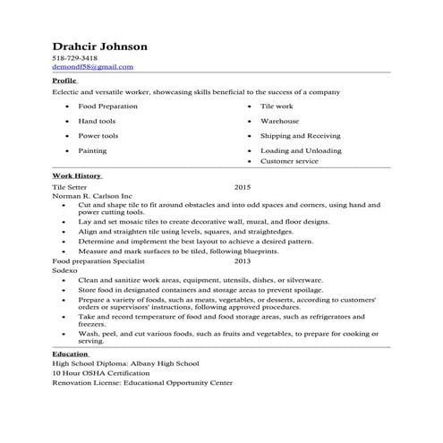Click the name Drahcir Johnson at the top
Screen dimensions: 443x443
point(99,46)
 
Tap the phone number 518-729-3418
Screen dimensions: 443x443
point(75,58)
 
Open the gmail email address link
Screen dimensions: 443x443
point(92,66)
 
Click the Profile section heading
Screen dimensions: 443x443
point(64,80)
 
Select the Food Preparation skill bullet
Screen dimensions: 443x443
point(107,106)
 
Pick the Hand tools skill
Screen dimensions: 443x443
point(97,120)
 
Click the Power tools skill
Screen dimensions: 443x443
point(98,135)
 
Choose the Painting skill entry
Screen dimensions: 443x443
point(92,150)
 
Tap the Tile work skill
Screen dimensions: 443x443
point(277,106)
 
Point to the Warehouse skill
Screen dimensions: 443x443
point(279,120)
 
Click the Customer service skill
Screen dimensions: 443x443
point(290,161)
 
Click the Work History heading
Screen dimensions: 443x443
point(76,175)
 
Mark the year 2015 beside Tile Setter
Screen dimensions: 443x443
point(242,188)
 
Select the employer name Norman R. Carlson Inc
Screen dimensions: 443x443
point(92,196)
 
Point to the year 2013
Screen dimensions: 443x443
point(242,261)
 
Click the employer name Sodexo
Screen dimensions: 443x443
point(65,269)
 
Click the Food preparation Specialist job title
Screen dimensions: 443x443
point(99,261)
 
